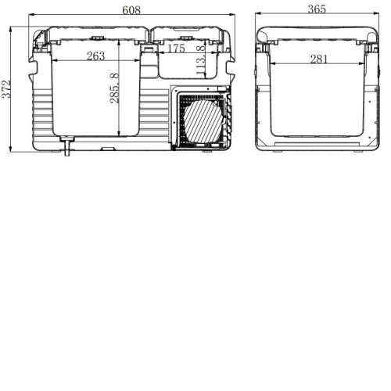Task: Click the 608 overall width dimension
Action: point(131,10)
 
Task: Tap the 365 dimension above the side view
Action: point(317,9)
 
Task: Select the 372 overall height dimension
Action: point(6,89)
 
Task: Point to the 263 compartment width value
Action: point(95,56)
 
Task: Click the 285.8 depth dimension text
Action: point(114,88)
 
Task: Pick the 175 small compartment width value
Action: point(176,48)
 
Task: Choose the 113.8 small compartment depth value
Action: point(200,61)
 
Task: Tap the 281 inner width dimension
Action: point(318,59)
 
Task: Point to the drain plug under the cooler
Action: point(67,146)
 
